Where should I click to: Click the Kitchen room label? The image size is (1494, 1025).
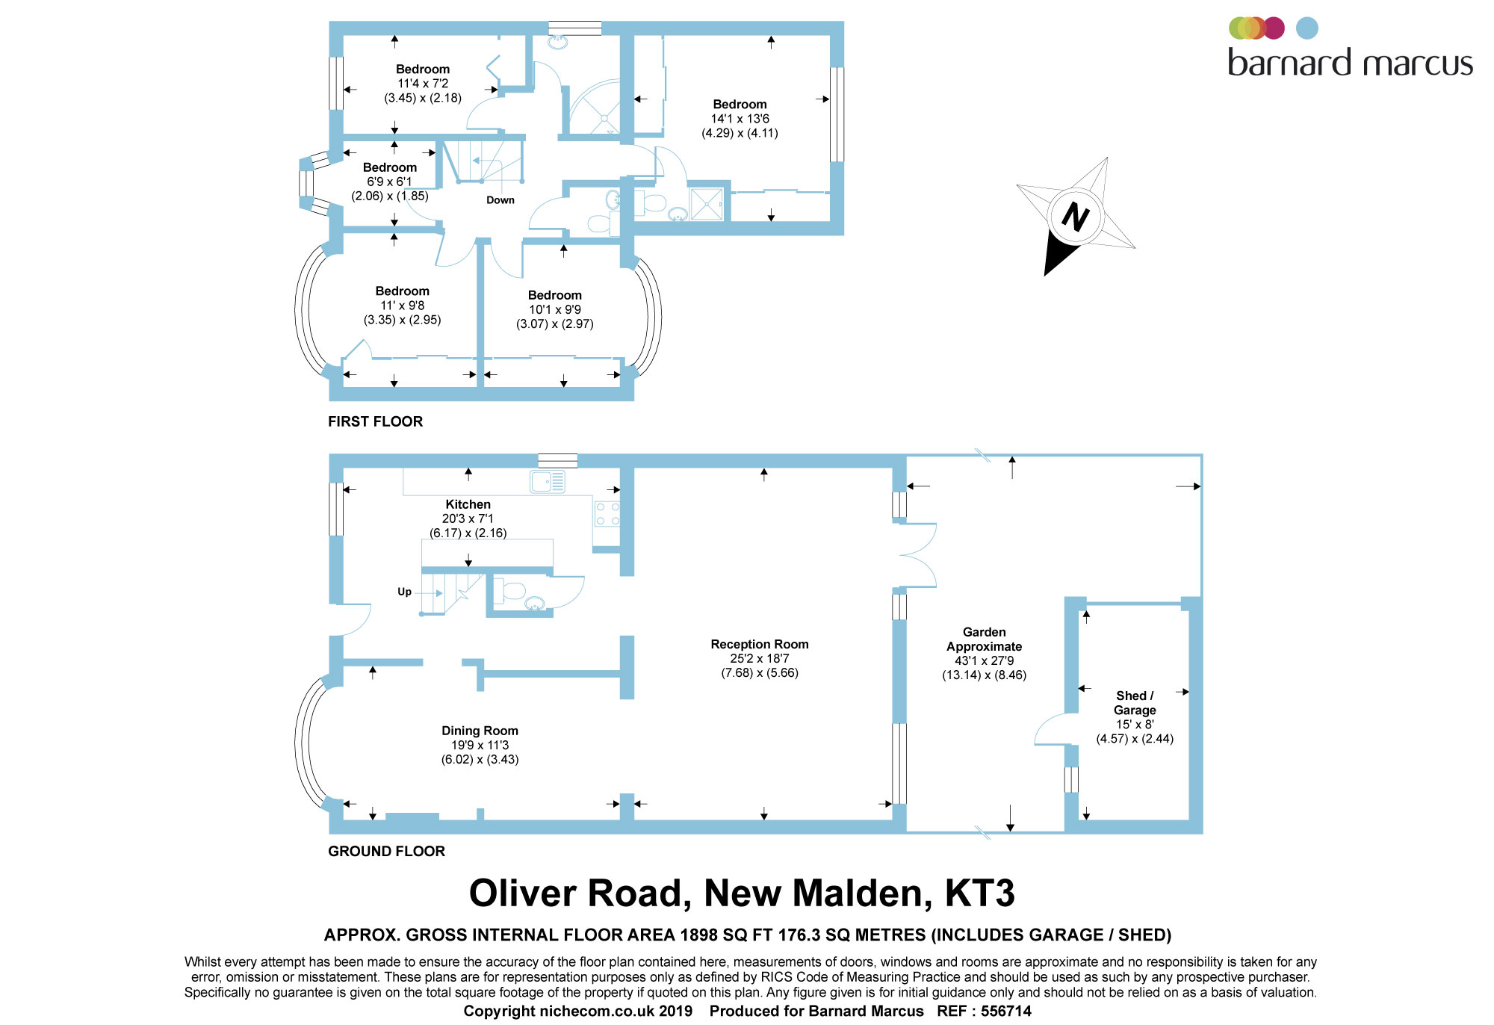point(468,504)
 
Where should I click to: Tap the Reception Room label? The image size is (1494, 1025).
point(759,644)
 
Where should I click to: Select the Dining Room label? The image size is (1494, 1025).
point(480,731)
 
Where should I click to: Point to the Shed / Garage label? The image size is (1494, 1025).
point(1135,703)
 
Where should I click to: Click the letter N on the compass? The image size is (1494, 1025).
point(1075,217)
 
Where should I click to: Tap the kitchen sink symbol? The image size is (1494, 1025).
point(548,482)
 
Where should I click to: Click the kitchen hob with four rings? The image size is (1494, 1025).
point(607,514)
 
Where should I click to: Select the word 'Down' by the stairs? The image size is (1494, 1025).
point(500,200)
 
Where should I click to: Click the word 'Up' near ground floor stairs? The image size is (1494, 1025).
point(404,592)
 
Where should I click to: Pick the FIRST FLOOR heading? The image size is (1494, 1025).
point(375,421)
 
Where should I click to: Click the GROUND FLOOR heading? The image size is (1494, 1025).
point(386,851)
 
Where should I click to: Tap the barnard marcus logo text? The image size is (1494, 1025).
point(1350,63)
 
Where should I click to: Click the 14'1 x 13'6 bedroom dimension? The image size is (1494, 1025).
point(740,119)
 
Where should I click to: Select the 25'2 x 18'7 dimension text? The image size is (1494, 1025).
point(759,658)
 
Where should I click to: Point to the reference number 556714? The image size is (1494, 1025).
point(1005,1011)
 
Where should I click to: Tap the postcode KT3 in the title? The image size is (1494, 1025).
point(979,894)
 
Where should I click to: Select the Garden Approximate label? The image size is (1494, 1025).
point(984,640)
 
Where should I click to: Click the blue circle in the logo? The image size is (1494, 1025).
point(1307,28)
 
